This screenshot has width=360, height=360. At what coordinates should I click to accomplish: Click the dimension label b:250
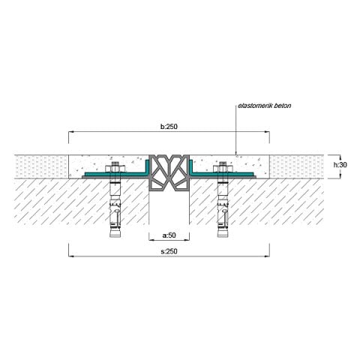coord(169,127)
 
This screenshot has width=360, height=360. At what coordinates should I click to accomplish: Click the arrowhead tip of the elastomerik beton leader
coord(234,156)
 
